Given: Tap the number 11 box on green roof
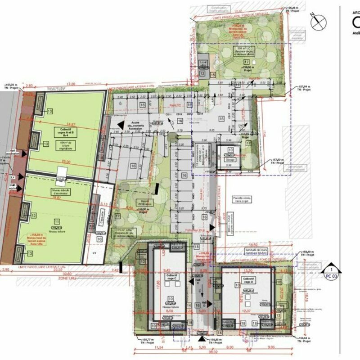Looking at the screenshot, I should [x=57, y=221].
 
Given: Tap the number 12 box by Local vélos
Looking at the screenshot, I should [x=202, y=73].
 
